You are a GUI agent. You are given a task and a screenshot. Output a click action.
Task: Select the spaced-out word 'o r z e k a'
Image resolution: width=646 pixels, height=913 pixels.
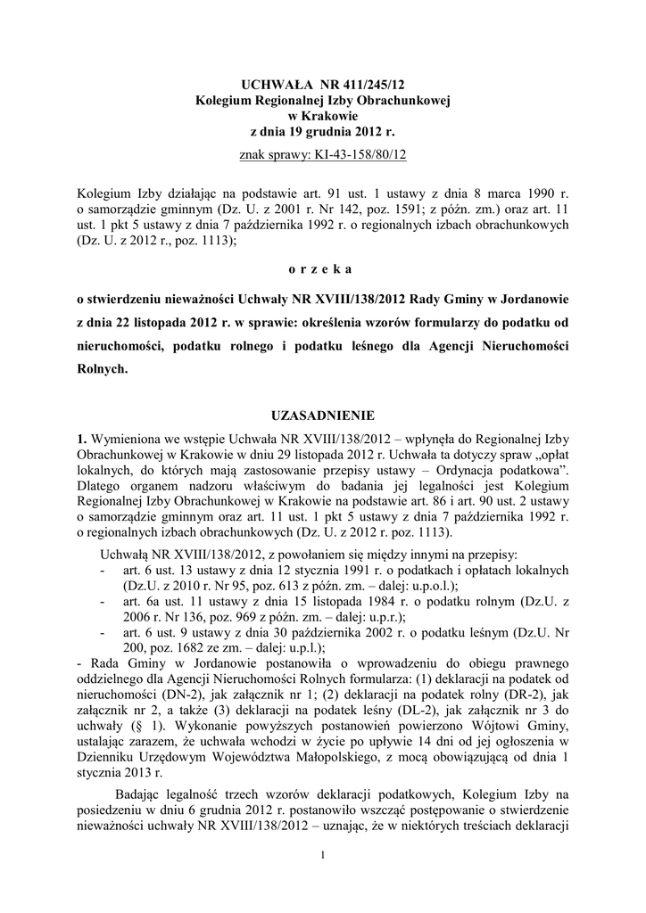point(323,267)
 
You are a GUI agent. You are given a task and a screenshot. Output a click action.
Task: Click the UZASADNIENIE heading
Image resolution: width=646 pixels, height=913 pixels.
point(323,415)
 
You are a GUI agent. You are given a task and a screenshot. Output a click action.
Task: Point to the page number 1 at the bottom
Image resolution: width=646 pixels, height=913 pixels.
point(323,856)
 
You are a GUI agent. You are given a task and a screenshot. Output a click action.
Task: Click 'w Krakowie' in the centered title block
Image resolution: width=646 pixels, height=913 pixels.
point(323,117)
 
